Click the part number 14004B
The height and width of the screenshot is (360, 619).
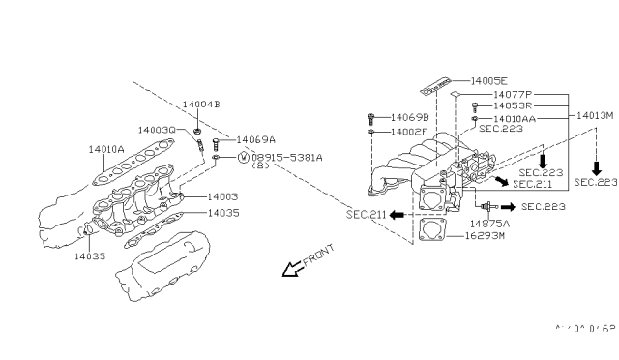pyautogui.click(x=202, y=104)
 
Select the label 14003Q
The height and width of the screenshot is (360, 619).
pyautogui.click(x=157, y=129)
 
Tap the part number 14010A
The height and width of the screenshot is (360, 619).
pyautogui.click(x=107, y=150)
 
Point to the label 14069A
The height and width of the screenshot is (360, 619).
pyautogui.click(x=256, y=139)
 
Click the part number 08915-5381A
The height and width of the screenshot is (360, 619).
pyautogui.click(x=288, y=157)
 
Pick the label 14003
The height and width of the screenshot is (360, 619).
pyautogui.click(x=221, y=196)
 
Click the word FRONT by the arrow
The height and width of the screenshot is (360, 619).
pyautogui.click(x=318, y=254)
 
